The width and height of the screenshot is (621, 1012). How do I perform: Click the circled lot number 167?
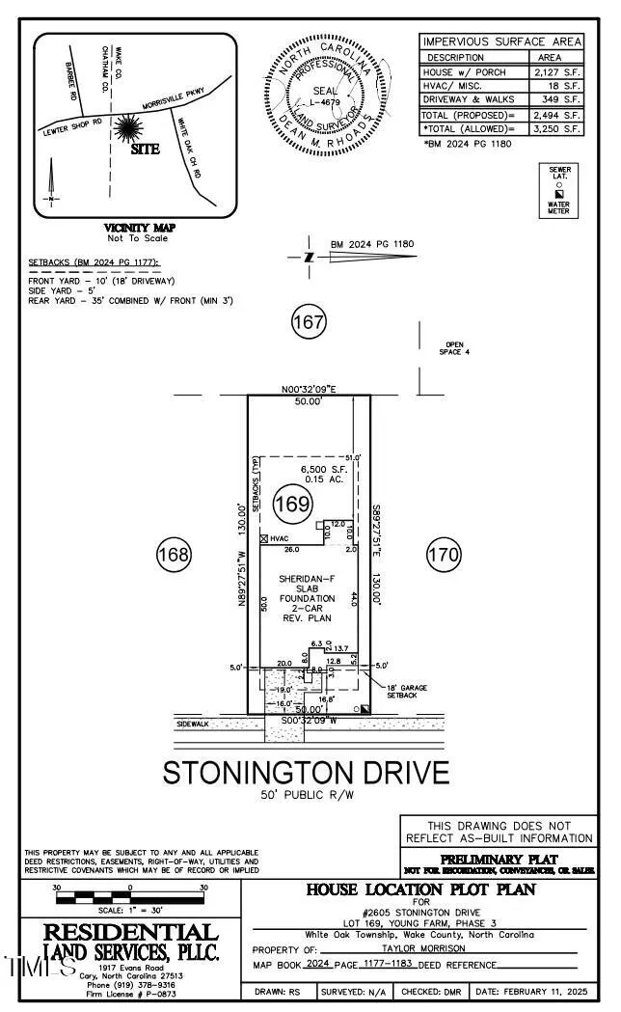(309, 322)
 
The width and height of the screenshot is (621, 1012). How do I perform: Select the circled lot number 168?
(175, 554)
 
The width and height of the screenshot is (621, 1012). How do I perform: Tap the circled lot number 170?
(445, 554)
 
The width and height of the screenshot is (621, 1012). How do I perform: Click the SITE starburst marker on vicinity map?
(129, 129)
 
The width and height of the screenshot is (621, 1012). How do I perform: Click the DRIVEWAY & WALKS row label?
(470, 99)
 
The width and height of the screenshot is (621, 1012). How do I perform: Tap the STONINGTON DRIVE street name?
(306, 773)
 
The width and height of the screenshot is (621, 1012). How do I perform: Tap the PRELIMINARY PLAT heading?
(498, 859)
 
